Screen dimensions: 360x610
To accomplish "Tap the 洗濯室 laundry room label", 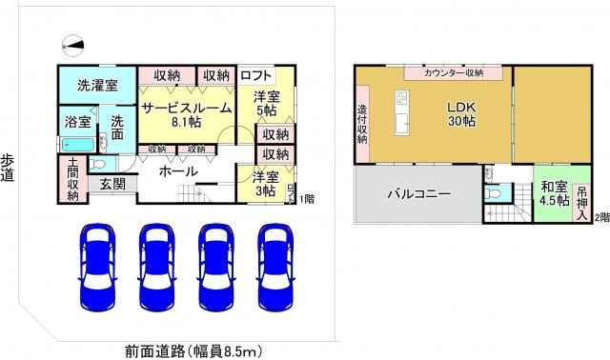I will click(98, 86).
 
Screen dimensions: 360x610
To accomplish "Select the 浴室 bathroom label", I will click(78, 122).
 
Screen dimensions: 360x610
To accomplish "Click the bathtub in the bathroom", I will click(77, 144).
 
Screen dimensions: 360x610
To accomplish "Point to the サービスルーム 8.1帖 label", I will click(187, 115).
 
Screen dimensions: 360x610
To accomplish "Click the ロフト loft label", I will click(257, 75).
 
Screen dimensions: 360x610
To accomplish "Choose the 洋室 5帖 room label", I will click(267, 104).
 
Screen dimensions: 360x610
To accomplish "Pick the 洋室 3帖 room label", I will click(267, 184).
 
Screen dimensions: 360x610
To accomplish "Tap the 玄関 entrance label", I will click(112, 183).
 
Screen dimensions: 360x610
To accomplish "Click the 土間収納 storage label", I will click(72, 179).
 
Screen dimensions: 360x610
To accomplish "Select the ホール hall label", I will click(178, 171).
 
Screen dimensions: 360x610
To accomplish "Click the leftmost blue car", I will click(97, 267).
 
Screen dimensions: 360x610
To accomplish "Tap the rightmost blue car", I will click(274, 267).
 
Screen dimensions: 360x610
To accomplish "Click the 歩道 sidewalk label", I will click(9, 169).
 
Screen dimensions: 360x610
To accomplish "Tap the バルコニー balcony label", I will click(418, 193).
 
